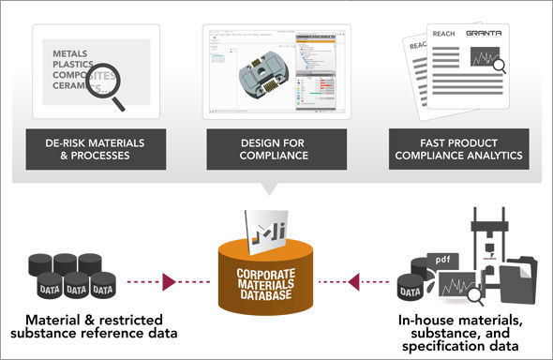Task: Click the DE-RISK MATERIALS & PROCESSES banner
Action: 92,148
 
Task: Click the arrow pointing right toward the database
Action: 170,280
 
